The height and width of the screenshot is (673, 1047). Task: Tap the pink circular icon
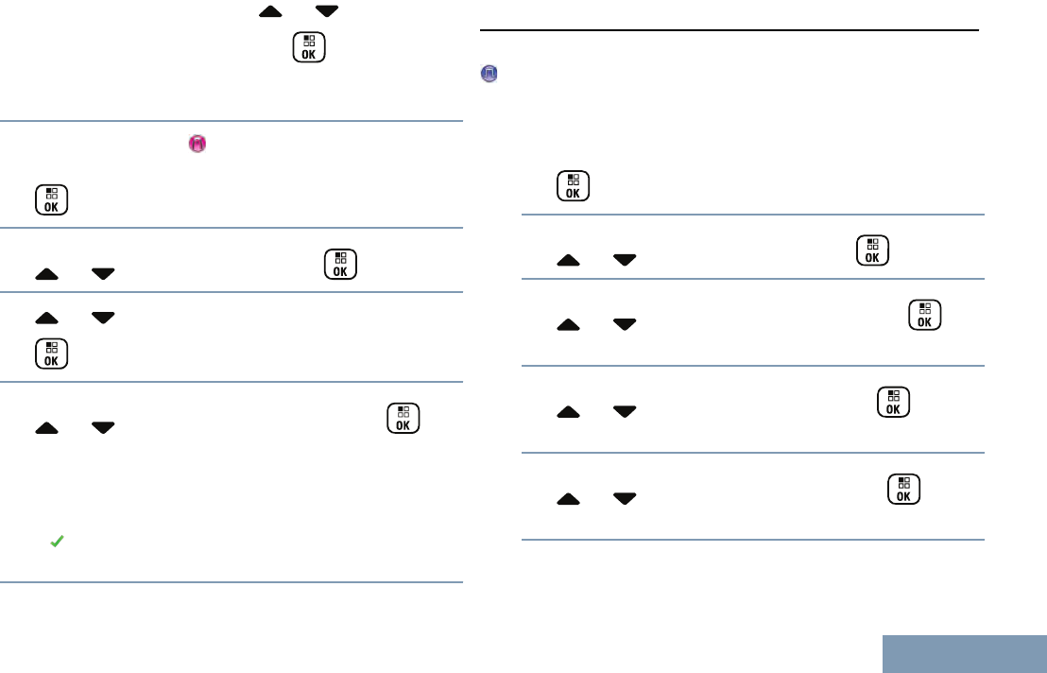click(x=197, y=144)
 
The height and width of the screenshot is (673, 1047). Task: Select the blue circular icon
click(x=489, y=74)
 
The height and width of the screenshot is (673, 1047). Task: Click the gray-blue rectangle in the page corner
click(x=965, y=654)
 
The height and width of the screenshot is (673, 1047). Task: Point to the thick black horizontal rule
click(x=729, y=30)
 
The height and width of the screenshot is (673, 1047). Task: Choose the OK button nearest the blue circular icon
click(x=573, y=186)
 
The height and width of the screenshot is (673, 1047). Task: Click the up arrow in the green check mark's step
click(x=47, y=429)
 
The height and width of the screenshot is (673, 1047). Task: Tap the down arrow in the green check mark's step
click(x=104, y=429)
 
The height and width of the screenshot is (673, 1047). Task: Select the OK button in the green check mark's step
click(x=403, y=418)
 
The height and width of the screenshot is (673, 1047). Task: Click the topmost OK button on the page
click(x=309, y=48)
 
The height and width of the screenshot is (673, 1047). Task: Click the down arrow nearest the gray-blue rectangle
click(x=625, y=498)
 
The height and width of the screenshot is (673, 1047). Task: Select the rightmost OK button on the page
click(x=924, y=315)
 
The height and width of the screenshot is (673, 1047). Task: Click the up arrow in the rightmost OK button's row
click(x=569, y=325)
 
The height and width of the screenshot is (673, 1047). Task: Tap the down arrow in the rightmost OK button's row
click(x=625, y=325)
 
